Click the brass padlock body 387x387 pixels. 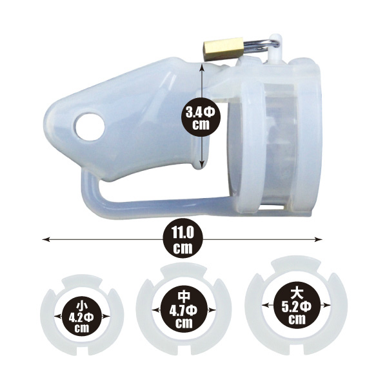point(223,49)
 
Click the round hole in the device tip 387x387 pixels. point(90,127)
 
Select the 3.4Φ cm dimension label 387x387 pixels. point(201,119)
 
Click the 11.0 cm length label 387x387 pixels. point(183,240)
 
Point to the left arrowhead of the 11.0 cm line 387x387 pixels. point(46,239)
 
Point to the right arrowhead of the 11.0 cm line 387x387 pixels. point(319,239)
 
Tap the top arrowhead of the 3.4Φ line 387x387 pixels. point(202,66)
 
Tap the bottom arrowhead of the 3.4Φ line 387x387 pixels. point(202,165)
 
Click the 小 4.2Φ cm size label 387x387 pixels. point(81,317)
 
